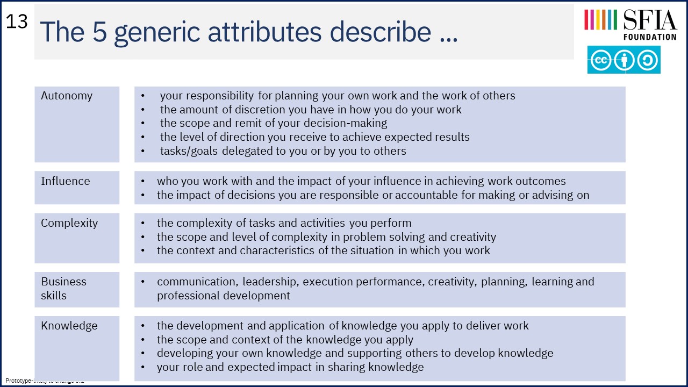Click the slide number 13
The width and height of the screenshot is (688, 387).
[17, 21]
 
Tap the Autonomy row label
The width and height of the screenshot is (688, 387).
[67, 96]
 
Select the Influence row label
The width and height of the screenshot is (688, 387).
[66, 181]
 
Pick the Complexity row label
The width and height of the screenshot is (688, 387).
[69, 223]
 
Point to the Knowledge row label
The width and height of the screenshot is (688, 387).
[69, 326]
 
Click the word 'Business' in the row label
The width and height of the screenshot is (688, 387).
[63, 282]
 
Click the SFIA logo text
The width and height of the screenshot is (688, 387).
[650, 20]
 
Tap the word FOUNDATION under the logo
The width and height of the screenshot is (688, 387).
[650, 37]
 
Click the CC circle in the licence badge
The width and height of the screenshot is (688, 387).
[600, 60]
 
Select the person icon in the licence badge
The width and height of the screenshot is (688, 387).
[624, 60]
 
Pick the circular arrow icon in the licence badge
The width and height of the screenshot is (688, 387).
[648, 60]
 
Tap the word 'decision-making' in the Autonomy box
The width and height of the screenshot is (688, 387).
[345, 124]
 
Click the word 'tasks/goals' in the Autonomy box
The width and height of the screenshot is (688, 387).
[189, 151]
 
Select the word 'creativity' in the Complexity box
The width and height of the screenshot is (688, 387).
[473, 237]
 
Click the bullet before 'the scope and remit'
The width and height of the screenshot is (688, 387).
[143, 124]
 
